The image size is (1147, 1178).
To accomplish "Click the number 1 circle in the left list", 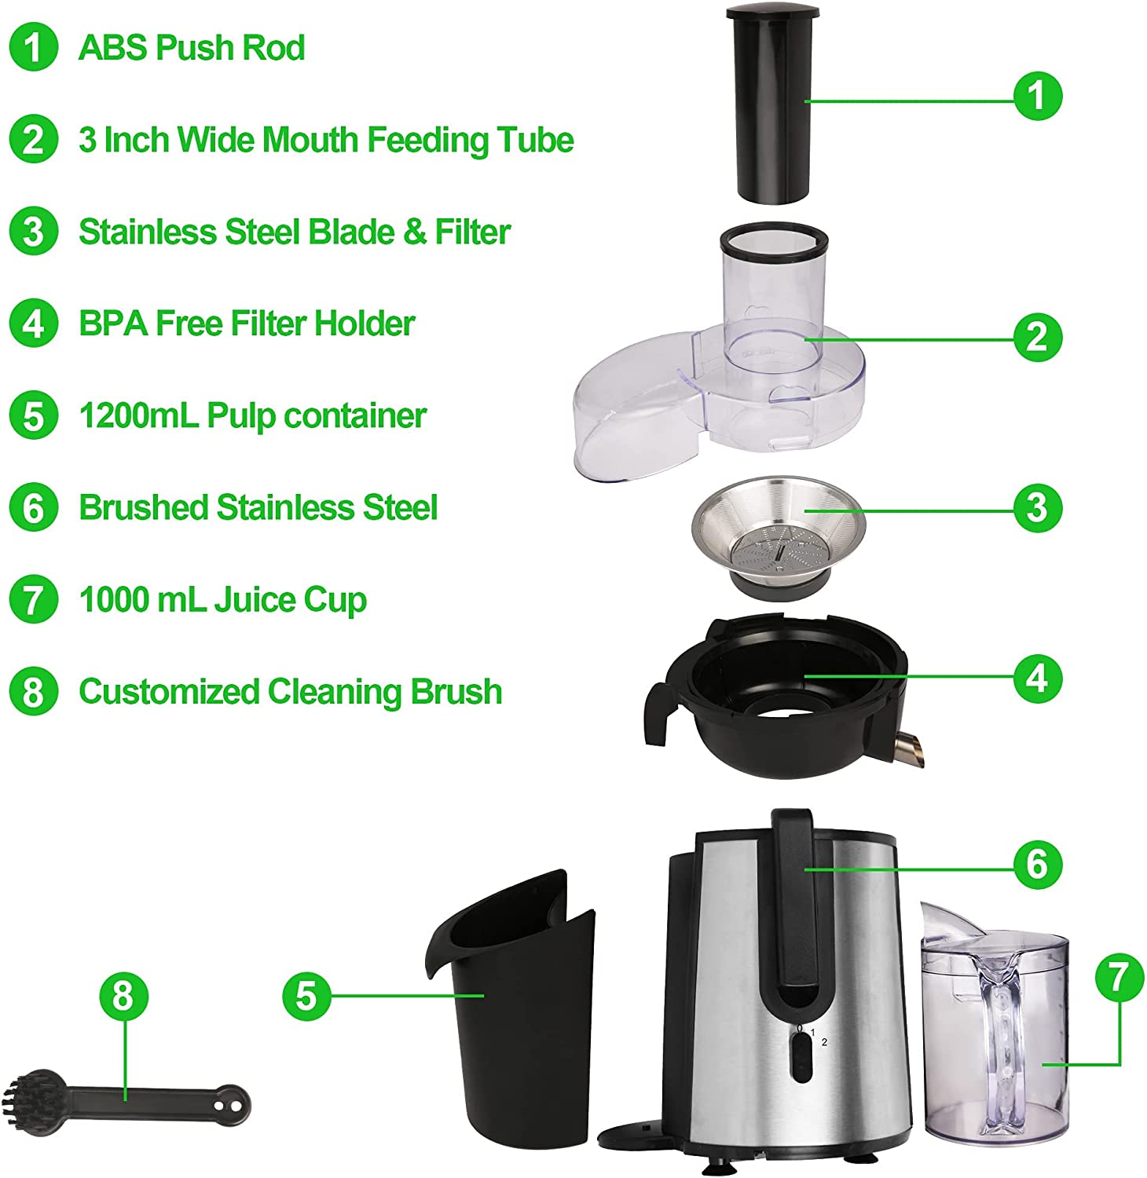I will click(x=33, y=47).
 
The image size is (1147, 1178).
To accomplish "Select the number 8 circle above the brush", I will click(x=123, y=996).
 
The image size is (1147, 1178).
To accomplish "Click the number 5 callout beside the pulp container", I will click(x=306, y=996).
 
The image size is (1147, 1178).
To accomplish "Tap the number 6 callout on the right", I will click(x=1037, y=865).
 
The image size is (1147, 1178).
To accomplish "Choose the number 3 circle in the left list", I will click(x=33, y=232).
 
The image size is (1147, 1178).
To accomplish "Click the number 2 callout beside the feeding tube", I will click(x=1037, y=337).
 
